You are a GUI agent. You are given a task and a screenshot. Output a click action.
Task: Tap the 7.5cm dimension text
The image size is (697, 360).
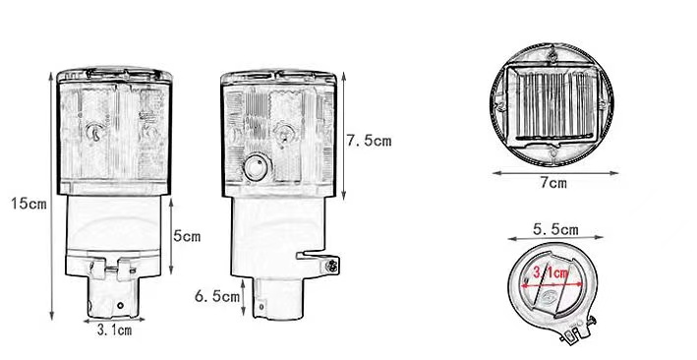tap(369, 141)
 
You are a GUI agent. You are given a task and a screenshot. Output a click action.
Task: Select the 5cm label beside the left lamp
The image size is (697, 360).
tap(187, 236)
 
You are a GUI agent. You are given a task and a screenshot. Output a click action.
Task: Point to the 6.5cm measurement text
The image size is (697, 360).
tap(216, 295)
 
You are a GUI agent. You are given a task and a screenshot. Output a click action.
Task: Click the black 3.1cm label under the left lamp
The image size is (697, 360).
tap(114, 330)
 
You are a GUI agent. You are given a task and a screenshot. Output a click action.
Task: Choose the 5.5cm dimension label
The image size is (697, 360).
tap(555, 229)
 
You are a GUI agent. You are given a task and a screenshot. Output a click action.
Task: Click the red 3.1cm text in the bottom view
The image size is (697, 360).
tap(550, 270)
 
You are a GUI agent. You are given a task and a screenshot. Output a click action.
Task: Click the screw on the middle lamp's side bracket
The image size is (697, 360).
tap(333, 266)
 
